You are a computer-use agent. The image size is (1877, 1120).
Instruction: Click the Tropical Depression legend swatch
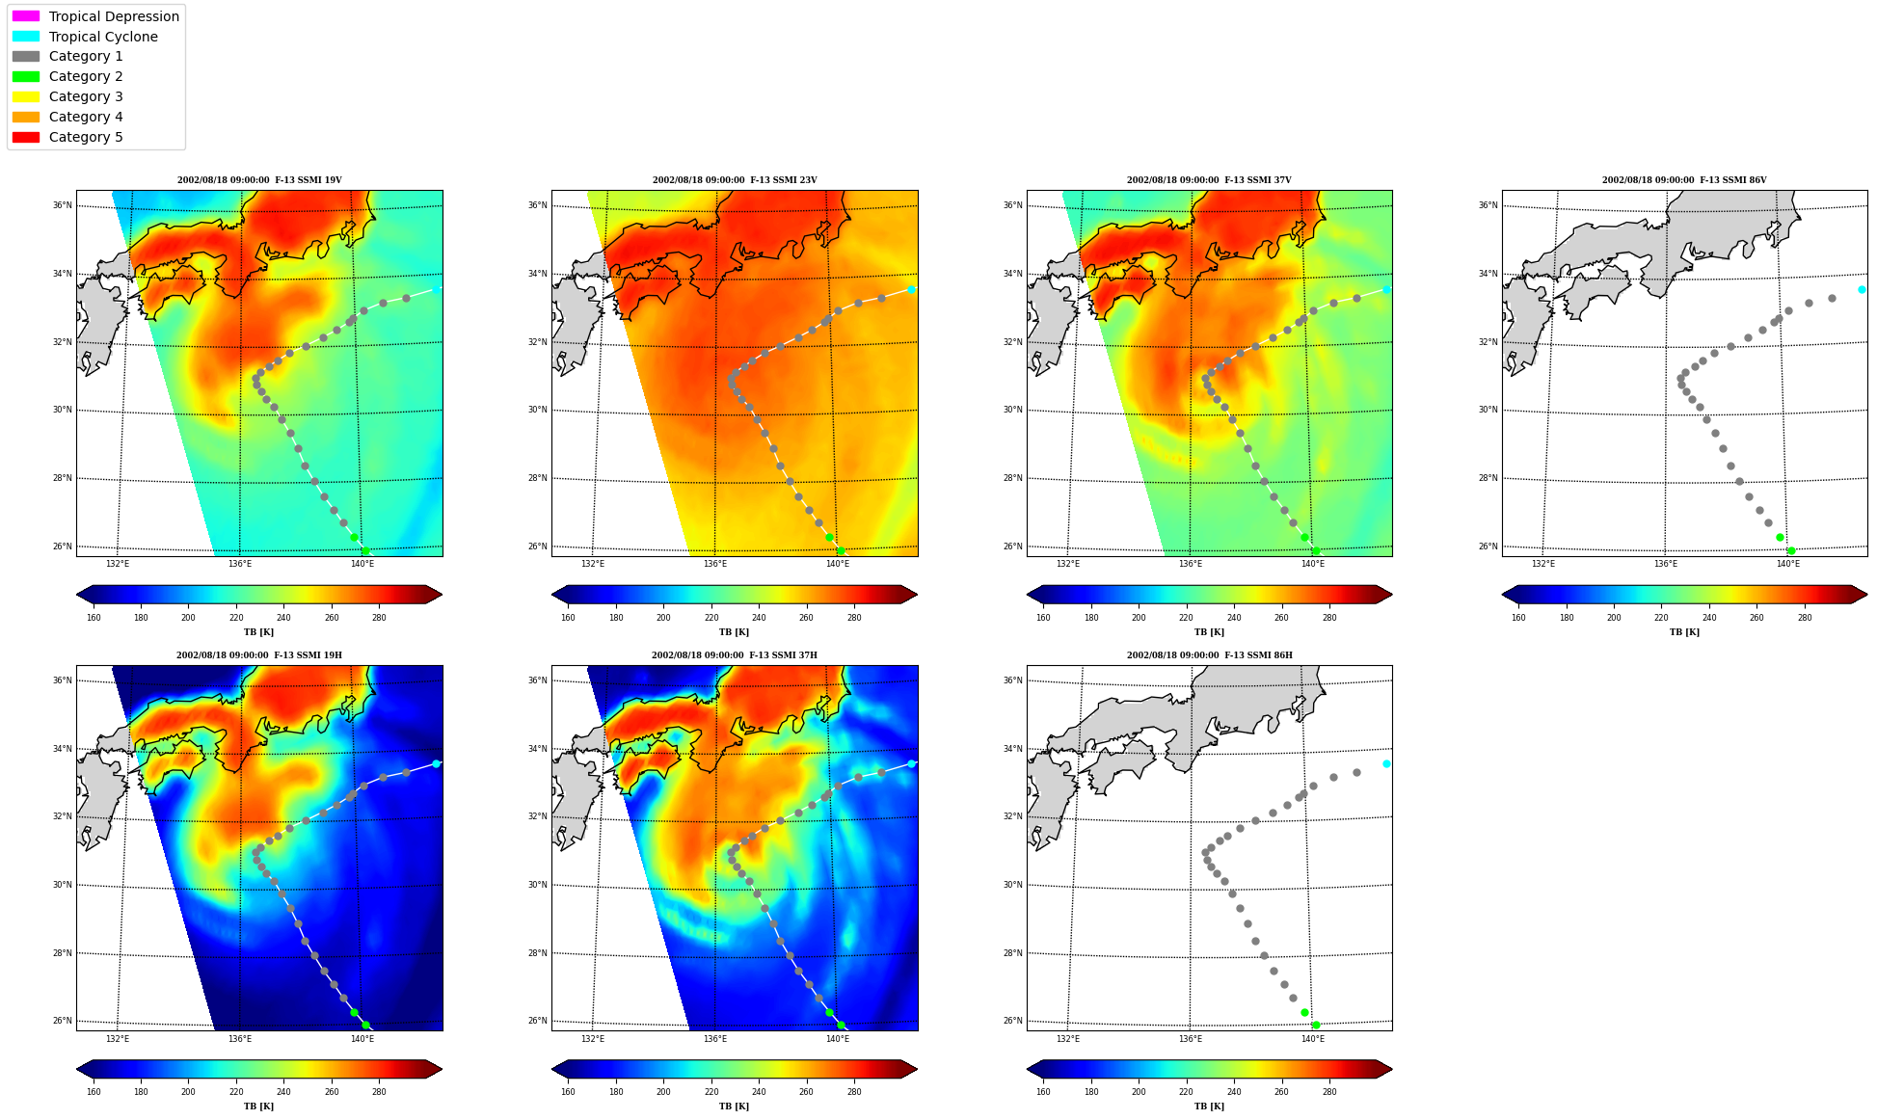pos(26,16)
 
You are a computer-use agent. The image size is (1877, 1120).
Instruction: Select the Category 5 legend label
pos(86,137)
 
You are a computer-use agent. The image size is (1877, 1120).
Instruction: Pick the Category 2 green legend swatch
pos(26,76)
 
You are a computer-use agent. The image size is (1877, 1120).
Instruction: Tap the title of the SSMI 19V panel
pos(259,180)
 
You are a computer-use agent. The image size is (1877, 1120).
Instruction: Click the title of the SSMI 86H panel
pos(1210,655)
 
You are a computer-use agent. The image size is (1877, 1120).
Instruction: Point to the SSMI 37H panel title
pos(735,655)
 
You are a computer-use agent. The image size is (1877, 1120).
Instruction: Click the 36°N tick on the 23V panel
pos(537,205)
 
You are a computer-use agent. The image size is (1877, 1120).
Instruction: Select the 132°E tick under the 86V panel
pos(1543,564)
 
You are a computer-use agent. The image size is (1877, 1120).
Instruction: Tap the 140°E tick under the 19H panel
pos(362,1038)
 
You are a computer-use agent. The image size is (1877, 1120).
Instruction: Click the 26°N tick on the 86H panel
pos(1012,1021)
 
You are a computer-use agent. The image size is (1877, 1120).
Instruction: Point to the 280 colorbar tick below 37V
pos(1329,618)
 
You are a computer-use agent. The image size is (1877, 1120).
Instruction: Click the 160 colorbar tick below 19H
pos(94,1092)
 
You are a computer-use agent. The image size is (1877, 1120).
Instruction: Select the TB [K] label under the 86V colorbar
pos(1684,632)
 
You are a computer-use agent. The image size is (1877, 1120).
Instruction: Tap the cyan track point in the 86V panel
pos(1862,289)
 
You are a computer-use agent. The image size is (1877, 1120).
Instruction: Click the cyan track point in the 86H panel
pos(1386,763)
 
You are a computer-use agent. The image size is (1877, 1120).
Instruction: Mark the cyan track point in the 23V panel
pos(911,289)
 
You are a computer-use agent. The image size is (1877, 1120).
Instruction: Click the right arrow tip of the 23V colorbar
pos(918,595)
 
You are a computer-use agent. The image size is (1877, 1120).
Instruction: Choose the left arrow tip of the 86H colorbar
pos(1027,1069)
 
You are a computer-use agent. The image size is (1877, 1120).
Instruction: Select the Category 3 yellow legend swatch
pos(26,96)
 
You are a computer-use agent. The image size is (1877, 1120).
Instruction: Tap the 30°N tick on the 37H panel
pos(537,885)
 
